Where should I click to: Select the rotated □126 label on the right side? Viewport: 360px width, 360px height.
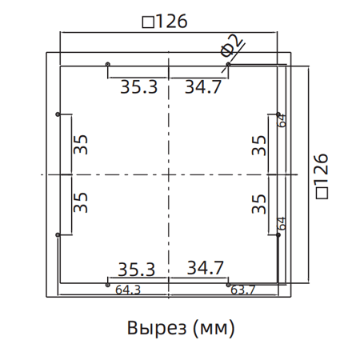[322, 174]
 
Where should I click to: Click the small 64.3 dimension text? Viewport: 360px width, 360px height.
[128, 290]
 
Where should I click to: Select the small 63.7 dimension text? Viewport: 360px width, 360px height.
[243, 290]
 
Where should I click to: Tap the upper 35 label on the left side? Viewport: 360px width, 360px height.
[80, 144]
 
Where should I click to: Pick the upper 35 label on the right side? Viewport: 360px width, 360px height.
[258, 144]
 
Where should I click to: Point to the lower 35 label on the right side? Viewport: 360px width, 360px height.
[258, 202]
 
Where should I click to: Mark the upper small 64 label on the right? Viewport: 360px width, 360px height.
[282, 120]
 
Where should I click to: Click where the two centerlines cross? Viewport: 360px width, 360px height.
[169, 174]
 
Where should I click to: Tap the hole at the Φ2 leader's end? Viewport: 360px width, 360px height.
[228, 65]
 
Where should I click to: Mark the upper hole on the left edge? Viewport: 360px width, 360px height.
[58, 114]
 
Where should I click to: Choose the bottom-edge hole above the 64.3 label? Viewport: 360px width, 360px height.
[108, 282]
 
